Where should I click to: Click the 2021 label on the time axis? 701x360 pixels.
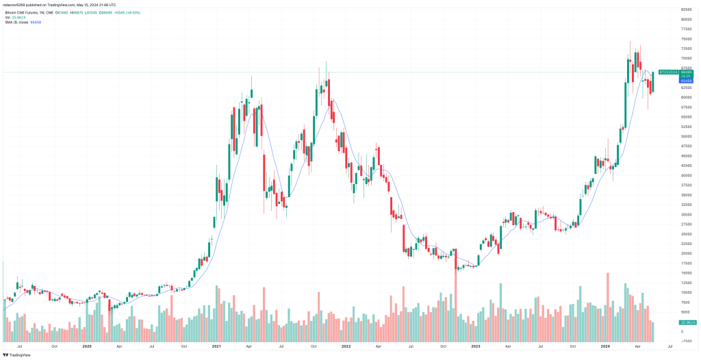216,346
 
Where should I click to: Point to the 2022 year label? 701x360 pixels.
346,346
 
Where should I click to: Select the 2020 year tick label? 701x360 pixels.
87,346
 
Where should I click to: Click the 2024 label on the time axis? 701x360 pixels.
605,346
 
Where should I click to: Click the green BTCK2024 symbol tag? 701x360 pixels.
667,72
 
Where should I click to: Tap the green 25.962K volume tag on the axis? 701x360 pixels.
687,322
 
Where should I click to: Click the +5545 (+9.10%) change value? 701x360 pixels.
127,13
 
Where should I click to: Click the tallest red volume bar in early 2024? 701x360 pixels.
607,301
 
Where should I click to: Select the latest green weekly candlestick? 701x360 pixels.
653,81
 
